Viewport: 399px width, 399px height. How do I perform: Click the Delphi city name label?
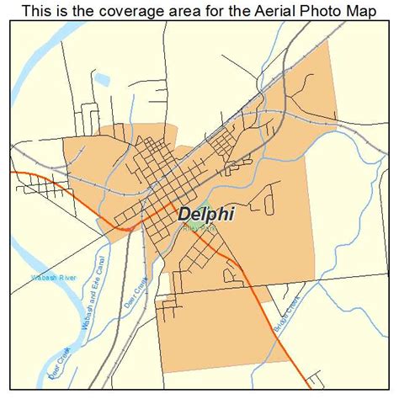click(205, 214)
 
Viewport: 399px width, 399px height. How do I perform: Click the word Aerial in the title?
click(266, 11)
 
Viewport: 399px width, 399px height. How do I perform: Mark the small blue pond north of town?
click(103, 82)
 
